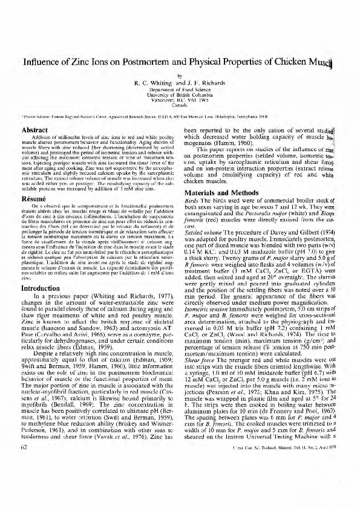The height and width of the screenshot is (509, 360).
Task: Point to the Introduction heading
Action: (41, 271)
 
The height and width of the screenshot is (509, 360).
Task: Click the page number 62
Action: (25, 481)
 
